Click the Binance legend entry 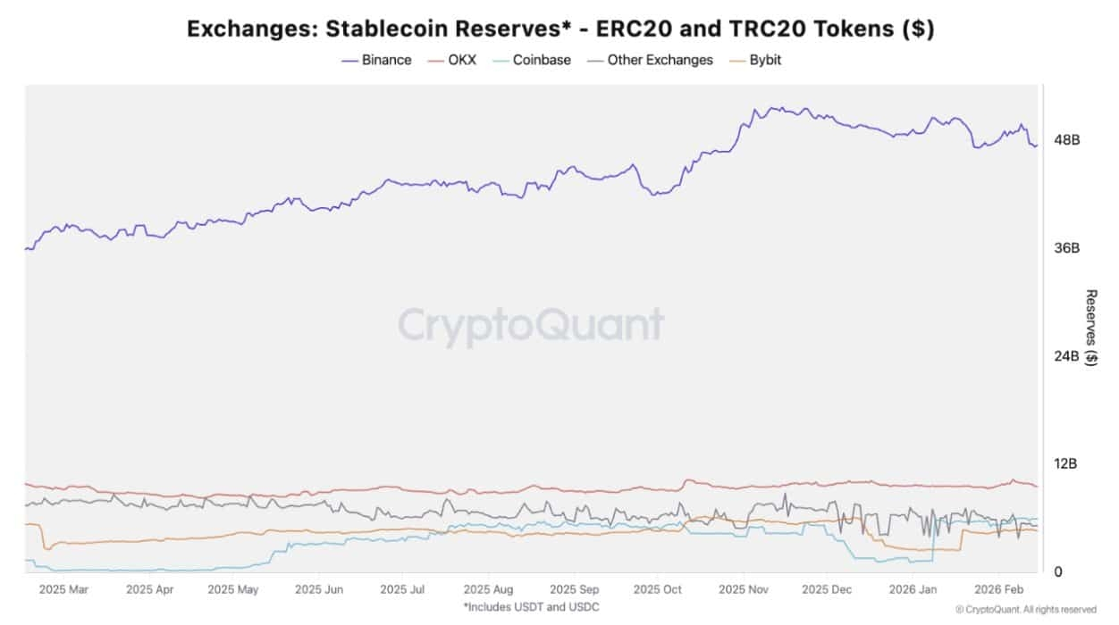click(x=376, y=60)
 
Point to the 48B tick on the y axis click(x=1068, y=140)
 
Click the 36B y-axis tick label click(x=1068, y=248)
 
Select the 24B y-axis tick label click(x=1068, y=356)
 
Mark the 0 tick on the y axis click(x=1058, y=572)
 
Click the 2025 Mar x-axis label click(x=63, y=590)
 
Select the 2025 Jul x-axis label click(x=402, y=590)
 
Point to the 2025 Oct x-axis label click(x=657, y=590)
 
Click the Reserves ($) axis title click(x=1091, y=328)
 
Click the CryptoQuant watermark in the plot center click(x=531, y=326)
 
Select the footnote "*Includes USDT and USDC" click(x=531, y=607)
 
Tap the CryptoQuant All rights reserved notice click(x=1025, y=610)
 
